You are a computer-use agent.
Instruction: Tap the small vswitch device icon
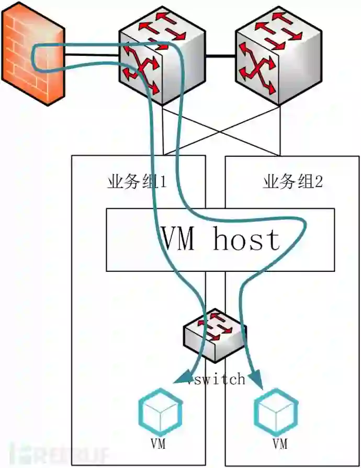(x=215, y=335)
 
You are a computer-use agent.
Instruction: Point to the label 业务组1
(x=137, y=182)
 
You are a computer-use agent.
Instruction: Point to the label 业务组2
(x=292, y=182)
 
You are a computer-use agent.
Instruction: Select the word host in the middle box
(x=246, y=240)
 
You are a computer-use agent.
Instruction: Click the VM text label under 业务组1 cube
(x=158, y=445)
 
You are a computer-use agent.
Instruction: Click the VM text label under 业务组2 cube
(x=280, y=445)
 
